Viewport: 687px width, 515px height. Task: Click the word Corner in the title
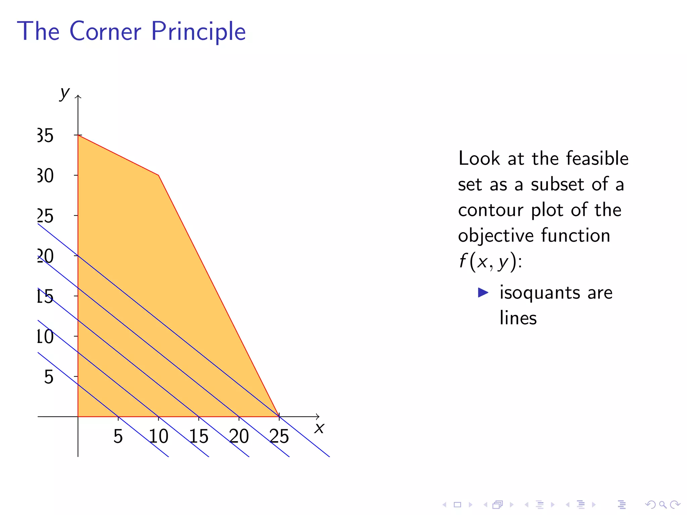click(105, 31)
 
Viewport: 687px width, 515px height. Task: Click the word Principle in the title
click(198, 32)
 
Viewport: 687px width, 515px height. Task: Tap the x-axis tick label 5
click(118, 436)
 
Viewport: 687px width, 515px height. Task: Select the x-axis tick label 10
click(158, 436)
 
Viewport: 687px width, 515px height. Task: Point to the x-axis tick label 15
click(199, 436)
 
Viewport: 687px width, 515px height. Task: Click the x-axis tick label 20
click(239, 436)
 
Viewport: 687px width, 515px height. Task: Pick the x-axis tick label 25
click(279, 436)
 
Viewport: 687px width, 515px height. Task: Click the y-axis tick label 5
click(49, 377)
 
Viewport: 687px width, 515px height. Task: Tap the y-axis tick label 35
click(46, 136)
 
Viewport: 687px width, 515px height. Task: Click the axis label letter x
click(319, 428)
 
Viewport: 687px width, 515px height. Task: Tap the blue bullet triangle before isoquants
click(483, 292)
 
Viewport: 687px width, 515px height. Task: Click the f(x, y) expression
click(490, 261)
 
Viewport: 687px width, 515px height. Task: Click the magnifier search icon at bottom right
click(663, 504)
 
